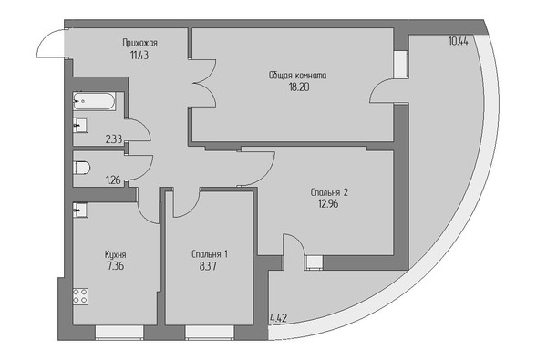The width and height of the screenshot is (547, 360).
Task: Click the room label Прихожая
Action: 139,43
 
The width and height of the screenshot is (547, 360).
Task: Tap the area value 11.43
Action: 139,55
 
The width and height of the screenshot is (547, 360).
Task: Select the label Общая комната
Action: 297,76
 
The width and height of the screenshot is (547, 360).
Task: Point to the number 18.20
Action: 299,87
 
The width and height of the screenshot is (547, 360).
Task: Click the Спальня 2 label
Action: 329,192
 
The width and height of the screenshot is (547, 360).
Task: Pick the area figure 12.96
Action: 328,204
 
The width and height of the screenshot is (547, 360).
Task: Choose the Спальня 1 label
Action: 210,254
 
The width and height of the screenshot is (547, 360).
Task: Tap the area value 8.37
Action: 208,266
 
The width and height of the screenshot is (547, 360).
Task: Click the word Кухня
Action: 116,254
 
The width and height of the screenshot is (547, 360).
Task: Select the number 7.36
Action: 116,266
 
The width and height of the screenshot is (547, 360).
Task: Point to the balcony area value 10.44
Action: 458,42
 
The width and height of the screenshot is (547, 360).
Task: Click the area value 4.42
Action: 279,318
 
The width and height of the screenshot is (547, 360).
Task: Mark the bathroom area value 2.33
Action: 114,139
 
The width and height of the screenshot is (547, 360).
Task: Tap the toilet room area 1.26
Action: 113,180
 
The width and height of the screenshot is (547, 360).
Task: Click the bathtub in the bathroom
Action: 94,101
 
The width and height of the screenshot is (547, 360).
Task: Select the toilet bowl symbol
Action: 82,168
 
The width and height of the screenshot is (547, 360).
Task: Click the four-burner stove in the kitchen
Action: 80,296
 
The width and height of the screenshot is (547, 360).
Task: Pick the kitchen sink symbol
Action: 80,211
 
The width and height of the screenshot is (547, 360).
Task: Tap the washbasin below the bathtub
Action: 80,125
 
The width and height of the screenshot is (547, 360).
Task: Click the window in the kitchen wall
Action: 119,332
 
